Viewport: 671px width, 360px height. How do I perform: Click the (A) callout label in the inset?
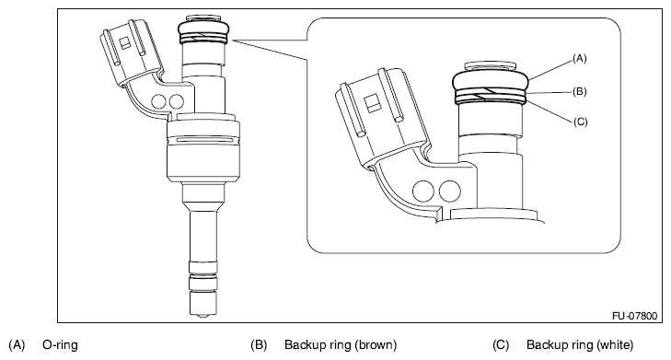tap(580, 59)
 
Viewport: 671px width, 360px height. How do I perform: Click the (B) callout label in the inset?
tap(580, 91)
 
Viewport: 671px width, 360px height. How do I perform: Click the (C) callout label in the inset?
tap(580, 122)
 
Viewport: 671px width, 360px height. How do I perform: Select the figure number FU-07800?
tap(634, 316)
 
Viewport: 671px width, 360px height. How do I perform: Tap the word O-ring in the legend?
tap(60, 344)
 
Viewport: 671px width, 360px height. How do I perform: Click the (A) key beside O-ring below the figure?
tap(17, 344)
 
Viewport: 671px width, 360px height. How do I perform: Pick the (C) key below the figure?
tap(501, 344)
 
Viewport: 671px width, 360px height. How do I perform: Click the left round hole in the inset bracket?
tap(423, 191)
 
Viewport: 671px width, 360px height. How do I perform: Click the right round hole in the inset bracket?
tap(450, 191)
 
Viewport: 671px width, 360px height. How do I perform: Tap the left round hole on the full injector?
tap(158, 101)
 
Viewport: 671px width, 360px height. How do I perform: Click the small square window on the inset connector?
tap(372, 103)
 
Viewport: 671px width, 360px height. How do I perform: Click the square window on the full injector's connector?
tap(125, 42)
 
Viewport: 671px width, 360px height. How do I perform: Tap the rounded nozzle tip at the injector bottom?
tap(202, 316)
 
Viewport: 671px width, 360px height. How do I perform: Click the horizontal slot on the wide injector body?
tap(203, 140)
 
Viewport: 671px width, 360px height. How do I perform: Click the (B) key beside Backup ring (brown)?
tap(259, 344)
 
